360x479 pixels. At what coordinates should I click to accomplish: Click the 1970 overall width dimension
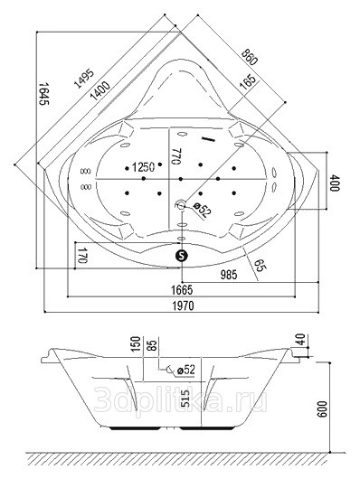point(184,305)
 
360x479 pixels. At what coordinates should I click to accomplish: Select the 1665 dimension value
point(183,290)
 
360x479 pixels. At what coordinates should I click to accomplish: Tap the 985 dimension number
point(229,275)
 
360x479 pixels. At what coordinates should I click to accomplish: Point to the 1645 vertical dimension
point(44,93)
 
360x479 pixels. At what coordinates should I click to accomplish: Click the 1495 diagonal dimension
point(84,79)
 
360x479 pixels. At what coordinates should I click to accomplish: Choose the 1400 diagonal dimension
point(100,91)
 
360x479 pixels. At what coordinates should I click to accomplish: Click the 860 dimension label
point(249,57)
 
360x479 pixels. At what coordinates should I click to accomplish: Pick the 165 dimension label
point(248,82)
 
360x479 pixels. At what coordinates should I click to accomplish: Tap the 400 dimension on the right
point(335,183)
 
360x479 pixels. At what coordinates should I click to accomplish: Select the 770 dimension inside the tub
point(175,156)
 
